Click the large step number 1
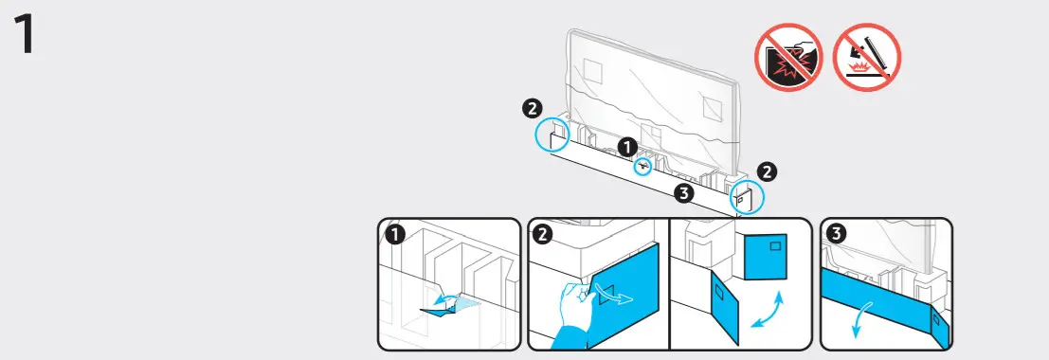click(23, 35)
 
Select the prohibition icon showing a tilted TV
click(866, 58)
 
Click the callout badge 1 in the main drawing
click(627, 147)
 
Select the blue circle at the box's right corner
click(746, 197)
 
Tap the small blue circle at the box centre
click(643, 167)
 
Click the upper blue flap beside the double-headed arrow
click(766, 257)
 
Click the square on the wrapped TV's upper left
click(593, 70)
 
